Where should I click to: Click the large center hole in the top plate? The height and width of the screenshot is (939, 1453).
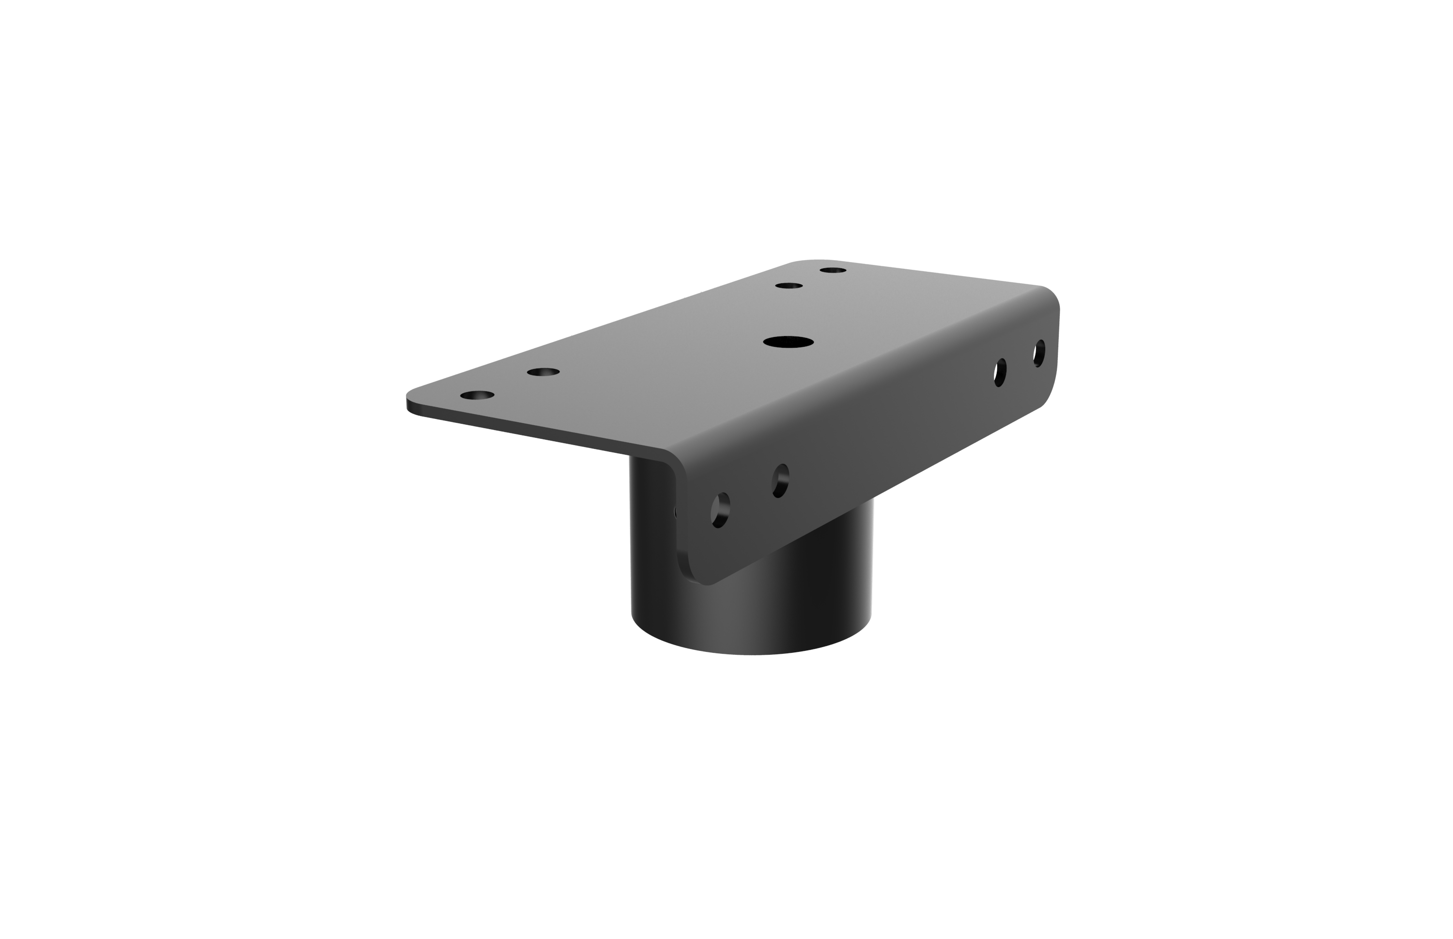point(788,342)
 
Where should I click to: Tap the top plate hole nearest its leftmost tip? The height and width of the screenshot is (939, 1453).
point(477,395)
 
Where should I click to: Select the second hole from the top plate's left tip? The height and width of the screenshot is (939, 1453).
point(542,372)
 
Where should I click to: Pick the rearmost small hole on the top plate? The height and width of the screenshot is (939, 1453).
point(832,270)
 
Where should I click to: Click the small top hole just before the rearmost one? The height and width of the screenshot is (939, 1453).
point(788,285)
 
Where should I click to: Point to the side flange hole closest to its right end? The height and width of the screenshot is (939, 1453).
point(1039,353)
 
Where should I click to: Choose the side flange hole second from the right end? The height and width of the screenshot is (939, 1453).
point(1000,372)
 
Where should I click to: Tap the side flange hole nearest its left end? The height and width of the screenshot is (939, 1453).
point(720,510)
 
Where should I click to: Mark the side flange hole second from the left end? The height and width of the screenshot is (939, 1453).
point(780,480)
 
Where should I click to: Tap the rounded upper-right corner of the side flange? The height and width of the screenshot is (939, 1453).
point(1052,296)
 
